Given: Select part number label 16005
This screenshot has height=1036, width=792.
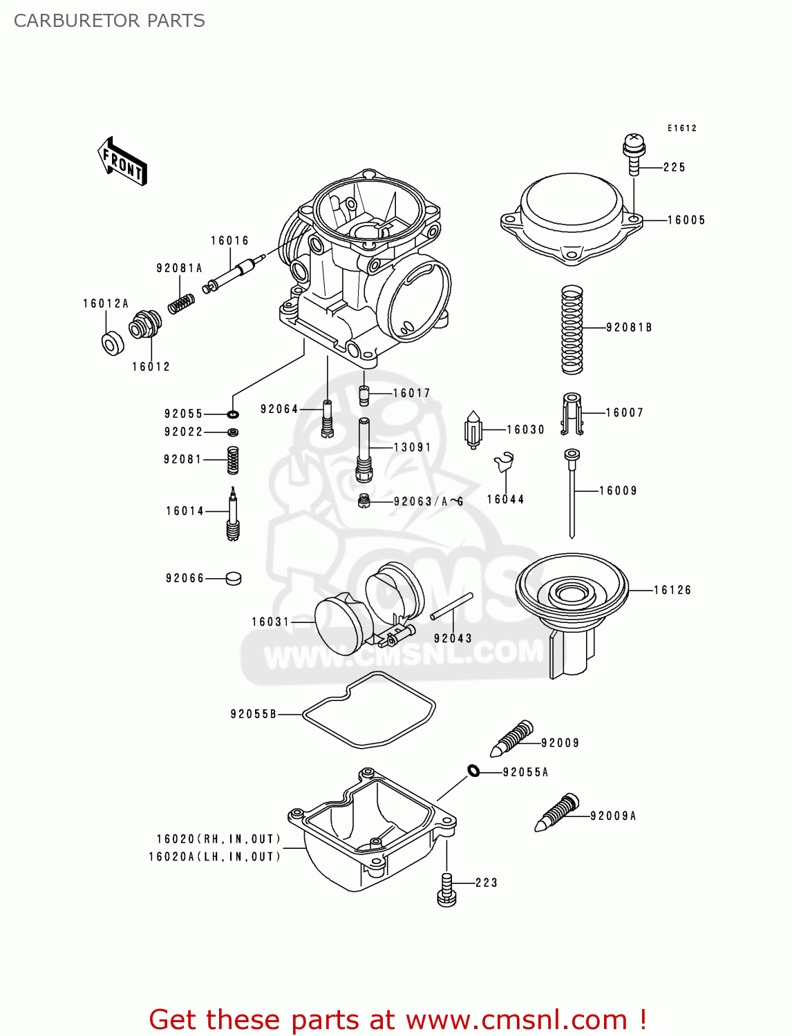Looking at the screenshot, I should tap(686, 220).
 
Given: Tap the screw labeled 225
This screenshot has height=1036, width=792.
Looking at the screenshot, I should tap(634, 154).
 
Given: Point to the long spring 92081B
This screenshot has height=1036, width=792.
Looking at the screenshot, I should tap(572, 330).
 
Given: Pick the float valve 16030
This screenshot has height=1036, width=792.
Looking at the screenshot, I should tap(473, 430).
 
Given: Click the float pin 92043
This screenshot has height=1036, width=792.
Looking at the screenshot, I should tap(451, 606).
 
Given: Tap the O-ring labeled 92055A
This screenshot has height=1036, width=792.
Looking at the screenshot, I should tap(473, 771).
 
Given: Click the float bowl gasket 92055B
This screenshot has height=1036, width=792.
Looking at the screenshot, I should tap(368, 711).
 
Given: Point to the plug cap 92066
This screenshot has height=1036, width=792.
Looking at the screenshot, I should tap(234, 578).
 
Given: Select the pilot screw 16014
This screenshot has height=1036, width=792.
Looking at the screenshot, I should tap(233, 515).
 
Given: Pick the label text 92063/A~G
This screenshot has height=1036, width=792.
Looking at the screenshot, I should tap(428, 501).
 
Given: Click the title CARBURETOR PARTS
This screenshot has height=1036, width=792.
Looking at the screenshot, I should tap(109, 21).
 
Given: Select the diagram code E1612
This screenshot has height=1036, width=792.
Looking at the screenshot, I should tap(681, 128).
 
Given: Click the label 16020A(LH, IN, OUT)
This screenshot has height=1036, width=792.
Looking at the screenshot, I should tap(215, 857).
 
